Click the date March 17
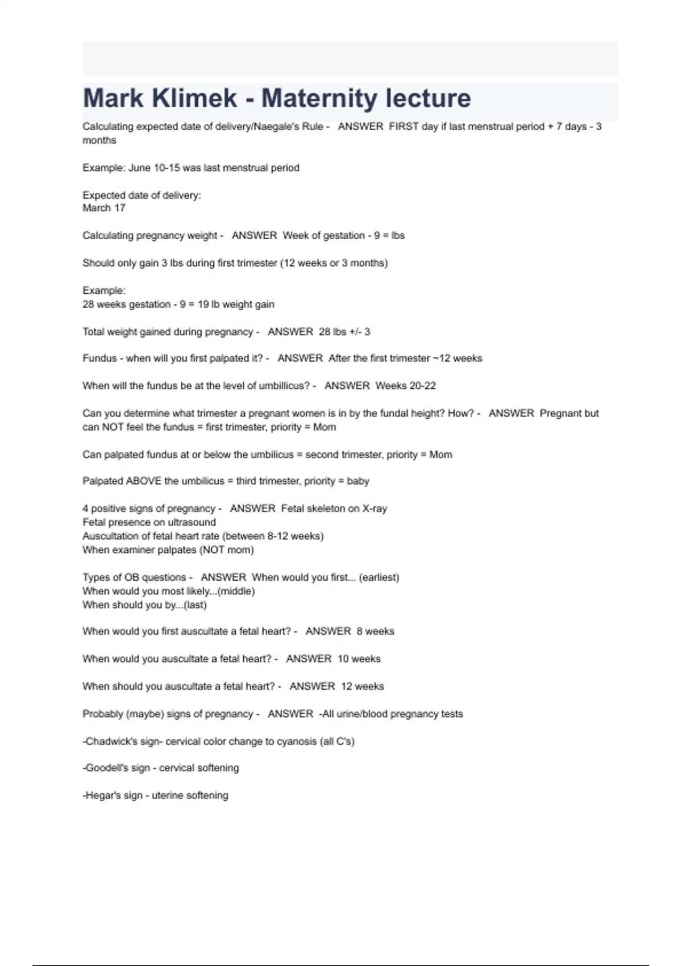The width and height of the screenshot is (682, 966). click(104, 208)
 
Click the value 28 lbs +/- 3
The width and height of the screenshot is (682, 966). click(344, 331)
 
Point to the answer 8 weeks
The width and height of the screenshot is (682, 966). click(376, 631)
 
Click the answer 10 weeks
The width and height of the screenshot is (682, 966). click(359, 659)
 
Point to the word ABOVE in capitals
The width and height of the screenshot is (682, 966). click(143, 481)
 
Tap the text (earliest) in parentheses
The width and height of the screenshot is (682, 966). click(379, 577)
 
